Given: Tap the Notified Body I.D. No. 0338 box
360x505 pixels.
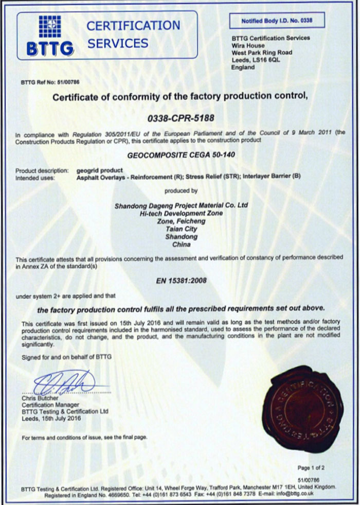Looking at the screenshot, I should (270, 21).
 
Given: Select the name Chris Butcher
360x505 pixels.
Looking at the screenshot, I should (40, 398).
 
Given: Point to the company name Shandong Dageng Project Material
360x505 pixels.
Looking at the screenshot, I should (180, 205).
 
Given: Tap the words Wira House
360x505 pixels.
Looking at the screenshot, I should (248, 45).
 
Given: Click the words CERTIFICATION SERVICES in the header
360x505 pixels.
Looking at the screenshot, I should (133, 34).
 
